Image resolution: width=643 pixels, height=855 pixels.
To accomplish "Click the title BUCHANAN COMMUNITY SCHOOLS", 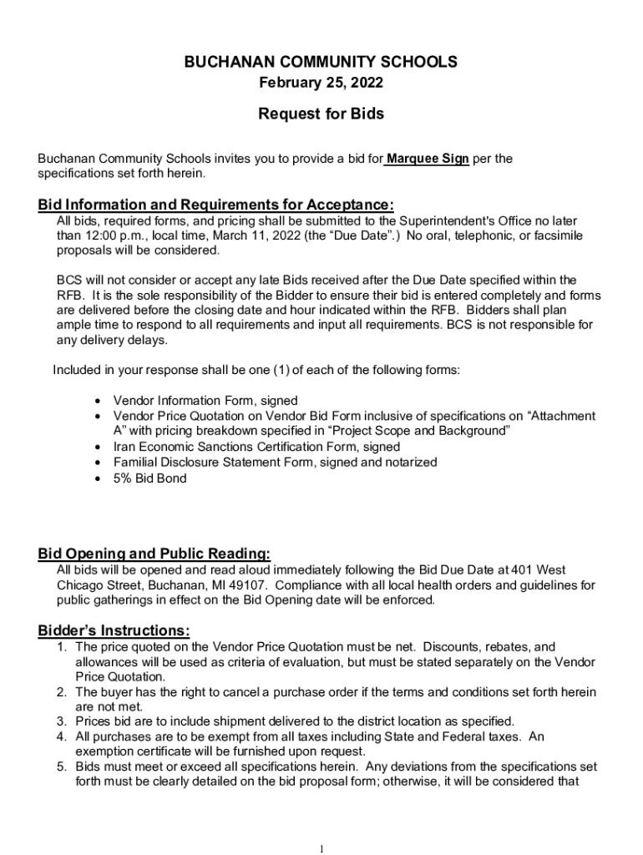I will pos(321,62).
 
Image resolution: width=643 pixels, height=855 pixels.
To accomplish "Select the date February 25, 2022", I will pos(321,83).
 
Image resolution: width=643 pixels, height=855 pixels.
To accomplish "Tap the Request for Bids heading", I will pos(321,114).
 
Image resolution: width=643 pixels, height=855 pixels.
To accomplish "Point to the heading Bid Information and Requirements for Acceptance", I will pos(215,205).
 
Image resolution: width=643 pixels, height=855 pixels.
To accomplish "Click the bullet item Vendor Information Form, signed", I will pos(205,401).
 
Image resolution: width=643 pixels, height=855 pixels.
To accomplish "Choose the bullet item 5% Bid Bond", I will pos(150,478).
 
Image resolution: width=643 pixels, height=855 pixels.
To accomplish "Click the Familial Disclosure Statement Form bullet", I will pos(275,463).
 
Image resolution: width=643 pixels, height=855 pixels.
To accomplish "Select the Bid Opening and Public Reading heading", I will pos(154,554).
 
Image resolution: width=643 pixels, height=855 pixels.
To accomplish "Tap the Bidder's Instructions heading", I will pos(114,630).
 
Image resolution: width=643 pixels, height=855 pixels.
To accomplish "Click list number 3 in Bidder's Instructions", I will pos(62,721).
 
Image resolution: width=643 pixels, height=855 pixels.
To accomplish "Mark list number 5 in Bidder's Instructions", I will pos(62,766).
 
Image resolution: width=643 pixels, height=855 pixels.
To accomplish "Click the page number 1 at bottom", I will pos(321,849).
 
